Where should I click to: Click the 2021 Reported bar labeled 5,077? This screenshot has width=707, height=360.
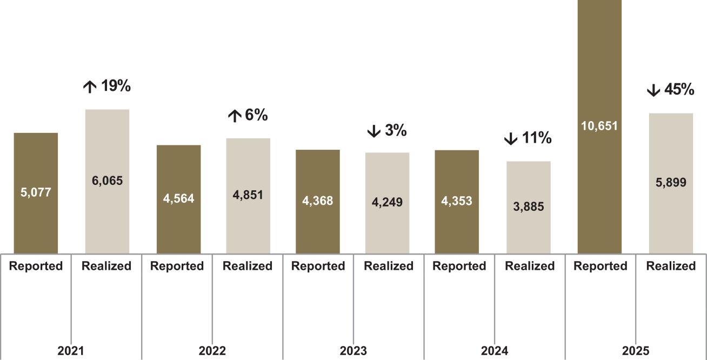36,193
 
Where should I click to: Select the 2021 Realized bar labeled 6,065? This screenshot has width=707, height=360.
108,182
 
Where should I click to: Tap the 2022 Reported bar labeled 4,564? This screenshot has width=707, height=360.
179,199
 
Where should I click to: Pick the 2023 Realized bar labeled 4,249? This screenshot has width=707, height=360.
387,203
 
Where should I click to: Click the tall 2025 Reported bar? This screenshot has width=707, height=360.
599,126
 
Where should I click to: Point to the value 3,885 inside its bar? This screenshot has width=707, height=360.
529,206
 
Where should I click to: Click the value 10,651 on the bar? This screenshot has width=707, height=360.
599,126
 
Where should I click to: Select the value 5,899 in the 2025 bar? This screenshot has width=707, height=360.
671,182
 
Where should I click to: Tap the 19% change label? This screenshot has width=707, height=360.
116,86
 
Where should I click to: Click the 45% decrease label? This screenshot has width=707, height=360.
679,89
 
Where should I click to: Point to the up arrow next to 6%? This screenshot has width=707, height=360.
235,116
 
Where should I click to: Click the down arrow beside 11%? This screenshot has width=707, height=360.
511,139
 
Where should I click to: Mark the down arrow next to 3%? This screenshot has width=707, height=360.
373,131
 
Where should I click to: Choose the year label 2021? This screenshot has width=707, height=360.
71,351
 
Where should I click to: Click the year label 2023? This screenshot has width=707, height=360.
353,351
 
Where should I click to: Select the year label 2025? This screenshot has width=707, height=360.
636,351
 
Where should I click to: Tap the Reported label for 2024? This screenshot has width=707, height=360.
459,266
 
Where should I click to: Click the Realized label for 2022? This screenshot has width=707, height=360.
248,266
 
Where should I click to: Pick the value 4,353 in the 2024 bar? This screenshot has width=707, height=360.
457,201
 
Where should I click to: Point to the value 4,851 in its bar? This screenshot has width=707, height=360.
248,195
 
